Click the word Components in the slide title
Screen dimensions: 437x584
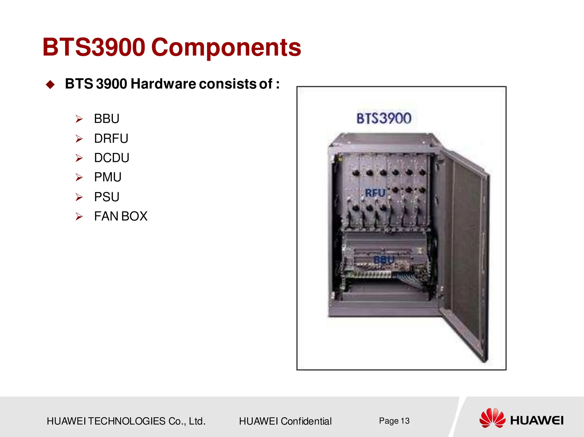(x=226, y=47)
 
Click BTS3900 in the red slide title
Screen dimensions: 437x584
(x=94, y=47)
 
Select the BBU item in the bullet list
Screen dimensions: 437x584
(x=107, y=119)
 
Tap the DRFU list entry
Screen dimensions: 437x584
(x=111, y=139)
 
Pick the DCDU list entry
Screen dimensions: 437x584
(x=112, y=158)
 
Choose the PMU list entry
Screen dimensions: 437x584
(x=108, y=177)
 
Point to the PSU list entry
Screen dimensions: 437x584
(x=107, y=197)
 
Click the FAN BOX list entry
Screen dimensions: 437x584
(x=121, y=216)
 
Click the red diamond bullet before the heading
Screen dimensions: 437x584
(x=50, y=85)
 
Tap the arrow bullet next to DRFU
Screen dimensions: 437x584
(x=79, y=139)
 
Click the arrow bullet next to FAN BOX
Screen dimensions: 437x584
(x=79, y=216)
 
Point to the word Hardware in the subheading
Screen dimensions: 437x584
(x=163, y=84)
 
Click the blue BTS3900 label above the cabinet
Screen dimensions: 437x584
(x=384, y=118)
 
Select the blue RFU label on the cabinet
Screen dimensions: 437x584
(x=375, y=193)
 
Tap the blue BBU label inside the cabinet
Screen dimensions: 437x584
(x=384, y=260)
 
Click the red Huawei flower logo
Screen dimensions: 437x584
(x=492, y=418)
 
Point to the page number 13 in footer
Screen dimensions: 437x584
(x=405, y=421)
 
